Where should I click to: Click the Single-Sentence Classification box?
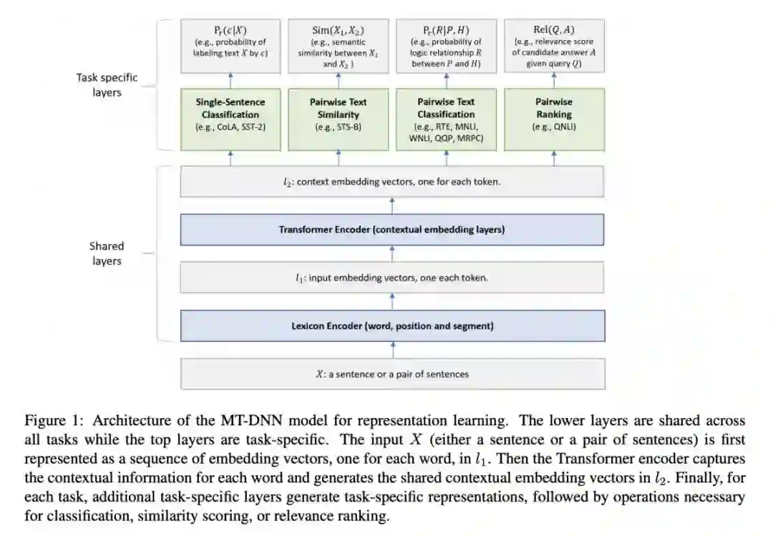click(x=230, y=119)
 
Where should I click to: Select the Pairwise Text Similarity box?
click(x=338, y=119)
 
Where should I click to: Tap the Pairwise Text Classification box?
click(x=446, y=119)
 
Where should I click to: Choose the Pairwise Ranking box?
click(x=554, y=119)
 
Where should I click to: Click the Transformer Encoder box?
click(x=392, y=230)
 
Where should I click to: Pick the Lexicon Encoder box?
click(x=392, y=326)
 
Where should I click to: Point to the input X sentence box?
click(x=392, y=374)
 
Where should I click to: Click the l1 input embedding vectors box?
click(x=392, y=278)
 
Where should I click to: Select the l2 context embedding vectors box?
click(x=392, y=182)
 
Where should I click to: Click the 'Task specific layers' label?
click(x=107, y=84)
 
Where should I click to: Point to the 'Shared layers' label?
click(x=107, y=253)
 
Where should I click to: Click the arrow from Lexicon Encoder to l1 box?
click(x=392, y=301)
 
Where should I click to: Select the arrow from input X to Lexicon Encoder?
click(x=392, y=349)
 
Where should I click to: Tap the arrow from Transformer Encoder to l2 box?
click(x=392, y=205)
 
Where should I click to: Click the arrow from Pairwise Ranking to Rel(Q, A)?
click(x=554, y=80)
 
